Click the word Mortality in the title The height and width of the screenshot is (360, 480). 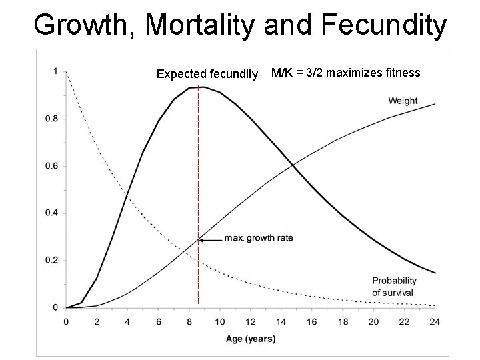pyautogui.click(x=199, y=25)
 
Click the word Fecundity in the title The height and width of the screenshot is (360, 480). pyautogui.click(x=384, y=25)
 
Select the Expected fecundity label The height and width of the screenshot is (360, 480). pyautogui.click(x=207, y=74)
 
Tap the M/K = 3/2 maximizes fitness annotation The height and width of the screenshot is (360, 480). pyautogui.click(x=345, y=73)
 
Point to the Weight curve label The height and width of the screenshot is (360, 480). pyautogui.click(x=403, y=101)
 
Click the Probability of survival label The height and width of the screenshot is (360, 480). pyautogui.click(x=394, y=287)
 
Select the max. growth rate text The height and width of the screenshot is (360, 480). pyautogui.click(x=259, y=238)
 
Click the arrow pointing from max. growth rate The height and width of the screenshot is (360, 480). pyautogui.click(x=211, y=240)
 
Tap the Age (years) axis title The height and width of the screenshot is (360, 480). pyautogui.click(x=251, y=339)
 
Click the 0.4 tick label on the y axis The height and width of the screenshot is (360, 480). pyautogui.click(x=51, y=213)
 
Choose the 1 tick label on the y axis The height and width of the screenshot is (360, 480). pyautogui.click(x=55, y=71)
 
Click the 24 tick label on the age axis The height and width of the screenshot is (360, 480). pyautogui.click(x=435, y=322)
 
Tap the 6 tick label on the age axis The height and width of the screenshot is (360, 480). pyautogui.click(x=158, y=322)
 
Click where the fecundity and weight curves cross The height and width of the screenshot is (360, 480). pyautogui.click(x=293, y=165)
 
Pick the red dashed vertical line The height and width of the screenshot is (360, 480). pyautogui.click(x=199, y=195)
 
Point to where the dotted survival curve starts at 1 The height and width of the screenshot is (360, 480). pyautogui.click(x=67, y=72)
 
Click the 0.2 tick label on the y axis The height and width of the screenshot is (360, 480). pyautogui.click(x=51, y=260)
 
